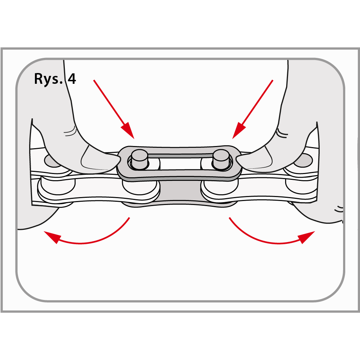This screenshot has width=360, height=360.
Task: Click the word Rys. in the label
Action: [48, 79]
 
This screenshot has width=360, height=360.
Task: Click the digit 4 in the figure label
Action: [72, 78]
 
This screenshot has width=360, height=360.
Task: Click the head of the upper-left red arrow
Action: [128, 131]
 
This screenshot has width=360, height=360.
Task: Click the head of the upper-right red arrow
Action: [239, 131]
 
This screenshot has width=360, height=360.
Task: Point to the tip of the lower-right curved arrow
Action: [315, 232]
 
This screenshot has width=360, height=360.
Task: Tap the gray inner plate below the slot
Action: [180, 192]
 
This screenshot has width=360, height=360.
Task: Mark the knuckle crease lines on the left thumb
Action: [70, 131]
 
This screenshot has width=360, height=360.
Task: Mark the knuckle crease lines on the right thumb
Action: [282, 133]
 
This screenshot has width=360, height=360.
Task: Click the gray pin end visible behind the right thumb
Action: [303, 160]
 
